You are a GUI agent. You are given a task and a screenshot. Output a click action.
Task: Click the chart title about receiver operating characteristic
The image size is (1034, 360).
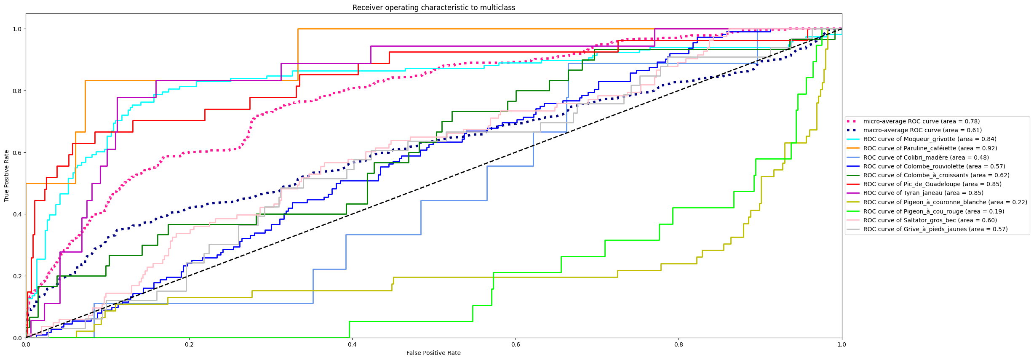[x=433, y=8]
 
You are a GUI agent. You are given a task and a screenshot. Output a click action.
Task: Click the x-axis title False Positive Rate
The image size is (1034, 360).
[x=433, y=353]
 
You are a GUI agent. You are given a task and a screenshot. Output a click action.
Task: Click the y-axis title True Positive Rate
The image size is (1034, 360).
[x=7, y=176]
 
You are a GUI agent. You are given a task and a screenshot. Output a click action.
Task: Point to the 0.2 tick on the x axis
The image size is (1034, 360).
[x=189, y=344]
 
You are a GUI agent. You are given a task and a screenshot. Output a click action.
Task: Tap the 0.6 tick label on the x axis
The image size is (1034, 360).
[x=516, y=344]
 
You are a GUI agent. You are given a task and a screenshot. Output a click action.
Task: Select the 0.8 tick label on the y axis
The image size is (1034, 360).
[x=17, y=91]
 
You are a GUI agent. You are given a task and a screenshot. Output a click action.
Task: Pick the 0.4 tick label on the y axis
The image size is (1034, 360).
[x=17, y=214]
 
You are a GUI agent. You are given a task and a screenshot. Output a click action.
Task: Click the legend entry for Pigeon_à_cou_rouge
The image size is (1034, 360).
[x=933, y=211]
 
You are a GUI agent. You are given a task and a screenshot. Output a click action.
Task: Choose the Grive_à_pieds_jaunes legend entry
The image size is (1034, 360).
[x=935, y=229]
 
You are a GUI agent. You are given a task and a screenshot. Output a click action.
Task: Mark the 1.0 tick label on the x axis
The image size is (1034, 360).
[x=842, y=344]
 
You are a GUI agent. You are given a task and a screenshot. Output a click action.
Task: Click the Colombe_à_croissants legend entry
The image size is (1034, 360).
[x=936, y=175]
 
